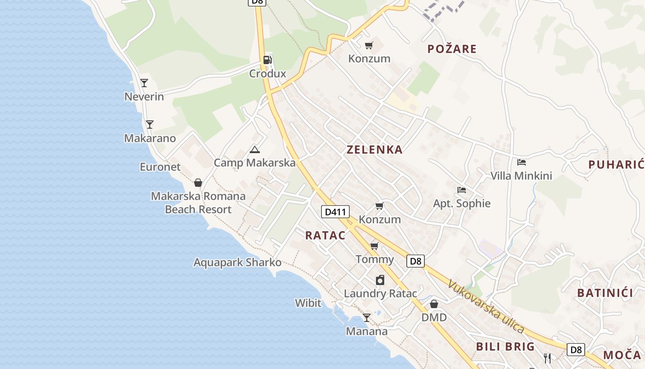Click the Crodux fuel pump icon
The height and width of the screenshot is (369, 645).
coord(267,60)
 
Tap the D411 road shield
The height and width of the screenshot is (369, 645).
coord(335,212)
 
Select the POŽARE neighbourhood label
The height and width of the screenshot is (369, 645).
coord(451,49)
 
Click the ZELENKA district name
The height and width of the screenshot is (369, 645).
coord(375,149)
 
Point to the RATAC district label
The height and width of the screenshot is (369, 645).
coord(325,235)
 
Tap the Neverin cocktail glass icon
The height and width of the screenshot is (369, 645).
coord(144,83)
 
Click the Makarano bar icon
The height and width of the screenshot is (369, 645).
coord(149,125)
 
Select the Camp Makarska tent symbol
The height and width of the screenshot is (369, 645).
coord(254,149)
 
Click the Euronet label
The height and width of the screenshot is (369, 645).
coord(160,167)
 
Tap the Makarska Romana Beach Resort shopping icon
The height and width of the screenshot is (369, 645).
coord(198,183)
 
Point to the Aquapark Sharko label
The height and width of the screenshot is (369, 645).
coord(237,262)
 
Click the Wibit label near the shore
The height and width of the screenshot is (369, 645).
coord(308,303)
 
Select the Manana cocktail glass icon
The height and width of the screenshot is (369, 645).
coord(366,317)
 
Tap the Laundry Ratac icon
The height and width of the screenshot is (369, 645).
coord(380,280)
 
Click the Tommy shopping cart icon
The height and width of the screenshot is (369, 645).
coord(374,246)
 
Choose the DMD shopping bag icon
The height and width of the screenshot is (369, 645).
coord(434,304)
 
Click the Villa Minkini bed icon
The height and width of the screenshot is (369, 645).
coord(522,162)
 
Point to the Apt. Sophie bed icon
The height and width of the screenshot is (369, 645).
coord(462,190)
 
